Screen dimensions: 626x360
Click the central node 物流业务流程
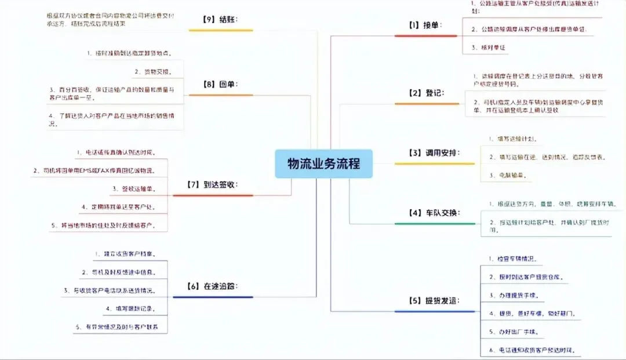324,163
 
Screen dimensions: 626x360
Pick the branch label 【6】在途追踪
212,286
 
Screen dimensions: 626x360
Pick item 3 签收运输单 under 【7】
134,189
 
